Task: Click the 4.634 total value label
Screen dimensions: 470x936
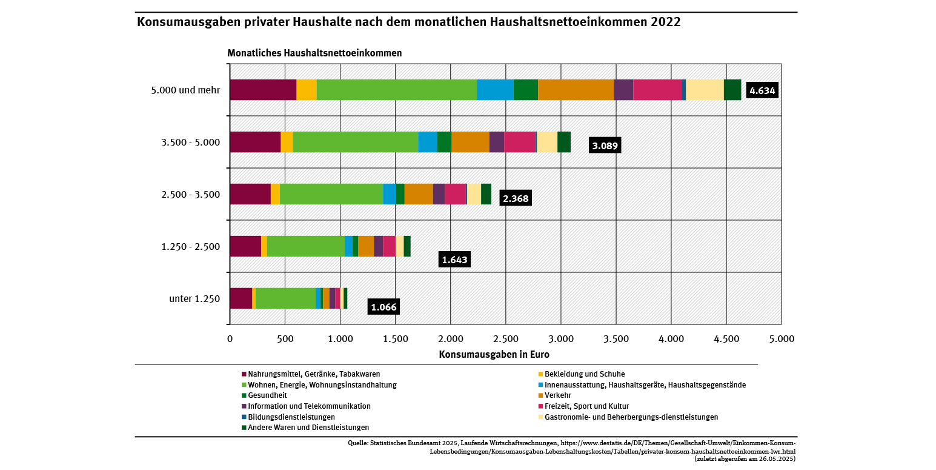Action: pos(762,90)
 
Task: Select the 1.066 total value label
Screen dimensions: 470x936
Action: pos(383,307)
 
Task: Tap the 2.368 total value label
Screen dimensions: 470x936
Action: pos(516,198)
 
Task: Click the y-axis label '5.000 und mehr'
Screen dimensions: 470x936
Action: pos(185,90)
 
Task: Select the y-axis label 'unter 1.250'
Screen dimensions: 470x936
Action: pos(194,298)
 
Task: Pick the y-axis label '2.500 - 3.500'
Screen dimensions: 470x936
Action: pos(190,195)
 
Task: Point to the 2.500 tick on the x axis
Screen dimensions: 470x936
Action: pos(505,338)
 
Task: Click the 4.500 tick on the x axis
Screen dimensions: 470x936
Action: pos(726,338)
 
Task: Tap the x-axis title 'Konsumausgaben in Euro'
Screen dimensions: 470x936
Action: pos(494,354)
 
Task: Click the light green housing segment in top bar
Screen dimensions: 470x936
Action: pos(396,90)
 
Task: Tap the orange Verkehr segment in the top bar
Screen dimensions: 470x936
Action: pos(576,90)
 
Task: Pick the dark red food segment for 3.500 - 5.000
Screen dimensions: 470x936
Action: pos(255,142)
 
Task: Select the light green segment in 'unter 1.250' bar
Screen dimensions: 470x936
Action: pos(285,298)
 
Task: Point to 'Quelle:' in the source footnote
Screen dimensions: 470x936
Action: pos(359,443)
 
